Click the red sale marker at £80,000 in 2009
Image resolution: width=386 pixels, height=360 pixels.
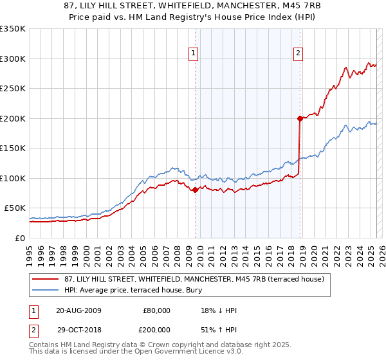click(x=196, y=190)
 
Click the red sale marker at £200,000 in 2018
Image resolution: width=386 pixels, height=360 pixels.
click(x=300, y=118)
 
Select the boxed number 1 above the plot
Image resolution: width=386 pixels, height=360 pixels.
click(x=194, y=54)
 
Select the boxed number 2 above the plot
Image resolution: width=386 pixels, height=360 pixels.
click(x=299, y=54)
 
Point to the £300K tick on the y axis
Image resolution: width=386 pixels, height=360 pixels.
click(x=13, y=59)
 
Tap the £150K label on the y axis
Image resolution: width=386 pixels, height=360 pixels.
click(x=13, y=148)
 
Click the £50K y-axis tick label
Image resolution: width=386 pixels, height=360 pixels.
click(x=15, y=208)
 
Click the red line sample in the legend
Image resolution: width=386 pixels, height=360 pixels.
click(x=46, y=278)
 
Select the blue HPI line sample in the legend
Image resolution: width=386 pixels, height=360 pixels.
click(x=46, y=290)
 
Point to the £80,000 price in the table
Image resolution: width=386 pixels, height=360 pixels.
click(x=156, y=310)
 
